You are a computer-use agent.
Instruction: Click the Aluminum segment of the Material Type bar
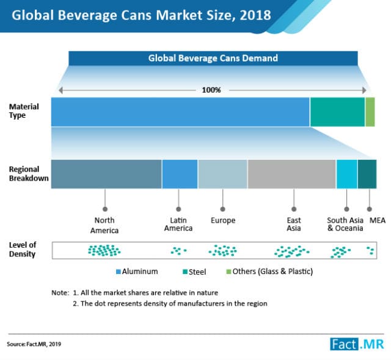tap(180, 112)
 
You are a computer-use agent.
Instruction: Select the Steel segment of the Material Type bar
tap(337, 112)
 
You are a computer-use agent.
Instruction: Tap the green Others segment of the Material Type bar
tap(370, 112)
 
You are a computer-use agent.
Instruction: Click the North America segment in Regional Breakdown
tap(106, 174)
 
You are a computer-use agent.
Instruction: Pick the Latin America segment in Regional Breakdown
tap(180, 174)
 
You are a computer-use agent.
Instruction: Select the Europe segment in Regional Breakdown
tap(222, 174)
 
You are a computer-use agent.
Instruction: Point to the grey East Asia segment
tap(291, 174)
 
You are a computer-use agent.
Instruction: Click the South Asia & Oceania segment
tap(346, 174)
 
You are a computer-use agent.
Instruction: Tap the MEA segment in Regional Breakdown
tap(367, 174)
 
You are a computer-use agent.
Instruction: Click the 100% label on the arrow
tap(211, 90)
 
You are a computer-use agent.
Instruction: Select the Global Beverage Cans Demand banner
tap(213, 59)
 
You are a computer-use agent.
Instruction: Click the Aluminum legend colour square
tap(119, 272)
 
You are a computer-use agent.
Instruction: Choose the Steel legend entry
tap(194, 272)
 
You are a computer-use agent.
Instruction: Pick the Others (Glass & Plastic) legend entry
tap(264, 272)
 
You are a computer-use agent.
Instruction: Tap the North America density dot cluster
tap(104, 250)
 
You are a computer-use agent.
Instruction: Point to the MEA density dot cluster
tap(370, 250)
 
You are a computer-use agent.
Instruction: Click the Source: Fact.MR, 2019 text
tap(35, 344)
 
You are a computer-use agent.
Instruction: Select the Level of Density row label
tap(22, 249)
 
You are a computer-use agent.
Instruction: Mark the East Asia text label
tap(293, 224)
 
